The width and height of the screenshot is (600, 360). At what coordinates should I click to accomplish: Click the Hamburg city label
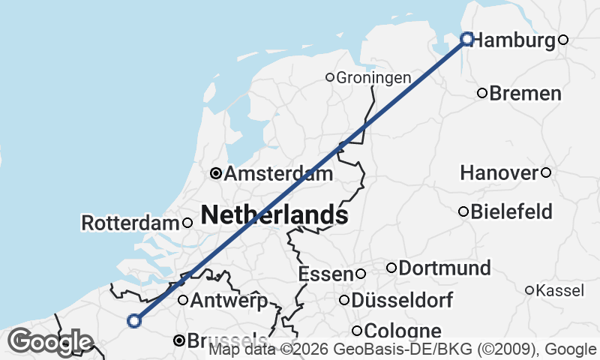click(515, 40)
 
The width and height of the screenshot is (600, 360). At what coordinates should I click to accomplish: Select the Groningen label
click(373, 77)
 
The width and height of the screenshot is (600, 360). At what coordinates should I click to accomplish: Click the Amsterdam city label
click(278, 174)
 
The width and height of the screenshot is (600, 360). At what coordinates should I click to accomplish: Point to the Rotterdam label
click(130, 223)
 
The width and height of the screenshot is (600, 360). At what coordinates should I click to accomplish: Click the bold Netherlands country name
click(274, 215)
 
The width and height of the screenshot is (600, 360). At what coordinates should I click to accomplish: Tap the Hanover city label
click(499, 173)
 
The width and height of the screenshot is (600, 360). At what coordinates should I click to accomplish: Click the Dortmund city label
click(445, 268)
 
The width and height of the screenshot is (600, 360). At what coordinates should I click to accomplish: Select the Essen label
click(325, 274)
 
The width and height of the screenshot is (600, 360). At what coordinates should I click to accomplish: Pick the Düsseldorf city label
click(401, 301)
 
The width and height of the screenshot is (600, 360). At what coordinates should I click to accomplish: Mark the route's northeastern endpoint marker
click(467, 38)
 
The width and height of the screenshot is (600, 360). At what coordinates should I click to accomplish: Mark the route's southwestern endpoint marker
click(134, 320)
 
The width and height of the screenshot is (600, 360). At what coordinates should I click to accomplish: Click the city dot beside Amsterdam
click(216, 173)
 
